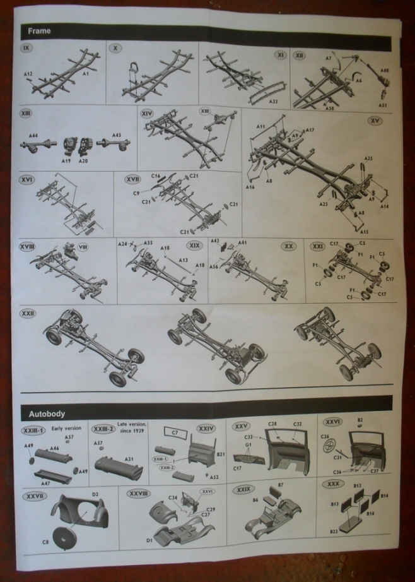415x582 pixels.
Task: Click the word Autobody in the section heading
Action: [x=47, y=413]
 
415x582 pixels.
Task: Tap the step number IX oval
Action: [x=27, y=48]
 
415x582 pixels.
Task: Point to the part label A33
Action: [x=273, y=100]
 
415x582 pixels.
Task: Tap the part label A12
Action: [x=28, y=74]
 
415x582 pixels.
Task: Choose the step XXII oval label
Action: [x=27, y=313]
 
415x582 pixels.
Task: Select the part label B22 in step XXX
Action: [x=334, y=532]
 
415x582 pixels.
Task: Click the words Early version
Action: [x=66, y=428]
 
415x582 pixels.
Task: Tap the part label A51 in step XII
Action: [x=383, y=105]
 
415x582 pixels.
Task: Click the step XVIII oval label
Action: [x=27, y=246]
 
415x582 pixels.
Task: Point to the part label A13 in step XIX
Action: [x=183, y=259]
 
